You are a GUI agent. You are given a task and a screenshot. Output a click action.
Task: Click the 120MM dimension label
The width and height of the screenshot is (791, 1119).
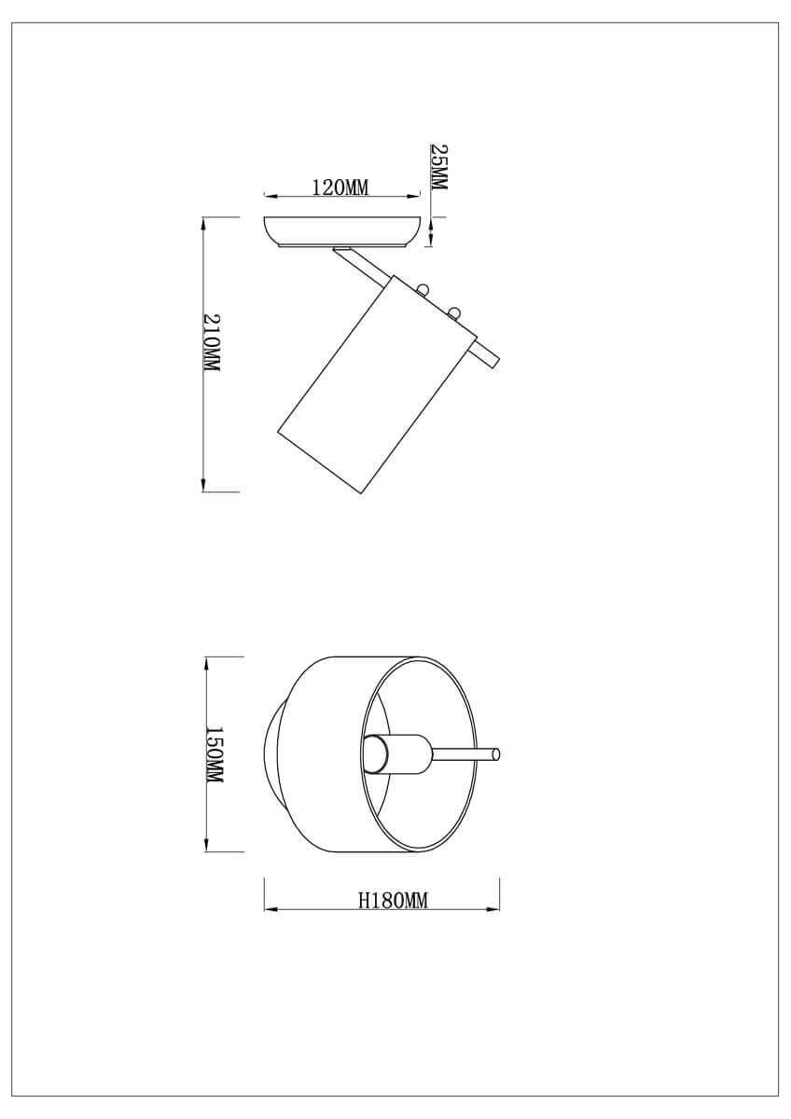[x=340, y=187]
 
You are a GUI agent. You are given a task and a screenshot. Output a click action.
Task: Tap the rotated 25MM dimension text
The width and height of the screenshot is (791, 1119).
[x=438, y=167]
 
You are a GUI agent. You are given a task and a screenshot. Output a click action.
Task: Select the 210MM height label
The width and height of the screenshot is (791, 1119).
[x=212, y=343]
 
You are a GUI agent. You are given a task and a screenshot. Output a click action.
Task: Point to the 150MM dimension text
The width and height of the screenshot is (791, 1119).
[x=214, y=754]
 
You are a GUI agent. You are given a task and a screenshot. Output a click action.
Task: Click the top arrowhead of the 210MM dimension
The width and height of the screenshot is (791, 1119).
[x=204, y=224]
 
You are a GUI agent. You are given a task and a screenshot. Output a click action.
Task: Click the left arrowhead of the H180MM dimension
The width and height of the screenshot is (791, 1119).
[x=271, y=910]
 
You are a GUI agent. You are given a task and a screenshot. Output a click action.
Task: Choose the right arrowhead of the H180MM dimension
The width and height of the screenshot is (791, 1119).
[x=495, y=910]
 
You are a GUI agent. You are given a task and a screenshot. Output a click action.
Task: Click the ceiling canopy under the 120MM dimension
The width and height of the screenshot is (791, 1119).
[x=341, y=232]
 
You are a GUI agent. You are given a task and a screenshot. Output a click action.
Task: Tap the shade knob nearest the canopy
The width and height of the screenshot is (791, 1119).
[x=424, y=290]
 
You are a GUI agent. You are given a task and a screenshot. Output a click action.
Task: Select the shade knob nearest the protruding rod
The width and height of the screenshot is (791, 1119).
[x=455, y=311]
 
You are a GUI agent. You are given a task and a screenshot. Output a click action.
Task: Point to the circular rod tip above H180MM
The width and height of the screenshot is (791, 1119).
[x=496, y=754]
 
